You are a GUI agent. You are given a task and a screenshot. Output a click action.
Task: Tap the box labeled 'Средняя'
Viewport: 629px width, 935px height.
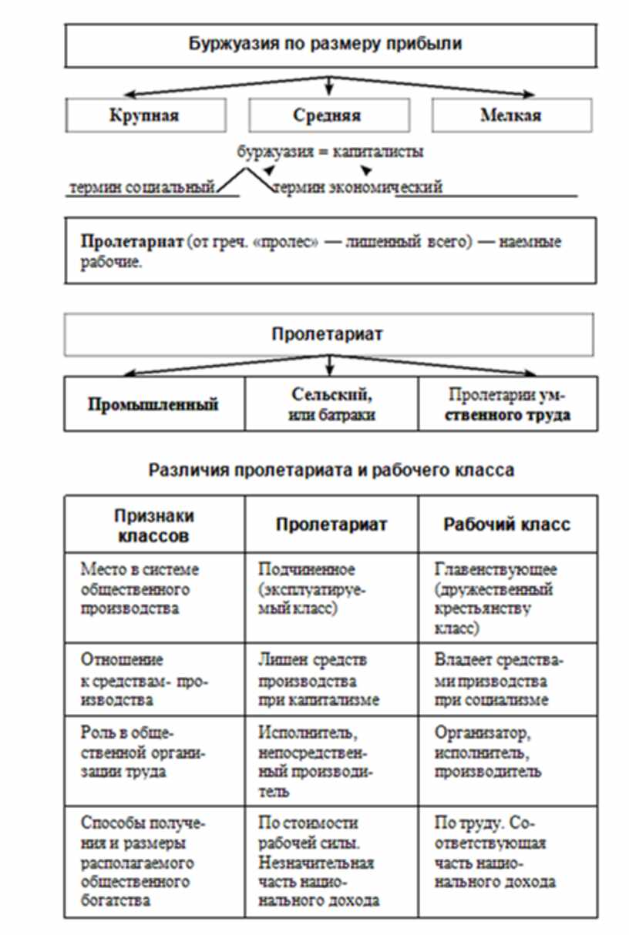pos(327,116)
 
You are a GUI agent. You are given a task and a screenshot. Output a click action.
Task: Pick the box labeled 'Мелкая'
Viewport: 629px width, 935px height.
pos(510,116)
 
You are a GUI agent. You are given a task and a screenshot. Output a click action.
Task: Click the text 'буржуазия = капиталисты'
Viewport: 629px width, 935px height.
pos(330,152)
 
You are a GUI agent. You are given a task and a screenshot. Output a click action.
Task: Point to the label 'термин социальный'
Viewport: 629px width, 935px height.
pos(142,187)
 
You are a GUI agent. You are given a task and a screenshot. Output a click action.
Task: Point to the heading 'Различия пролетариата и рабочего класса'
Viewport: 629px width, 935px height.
pos(331,469)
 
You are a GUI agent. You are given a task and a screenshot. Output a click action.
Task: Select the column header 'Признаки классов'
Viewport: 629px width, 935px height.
pos(154,524)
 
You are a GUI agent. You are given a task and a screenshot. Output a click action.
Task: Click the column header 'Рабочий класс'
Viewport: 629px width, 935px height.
pos(506,524)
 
